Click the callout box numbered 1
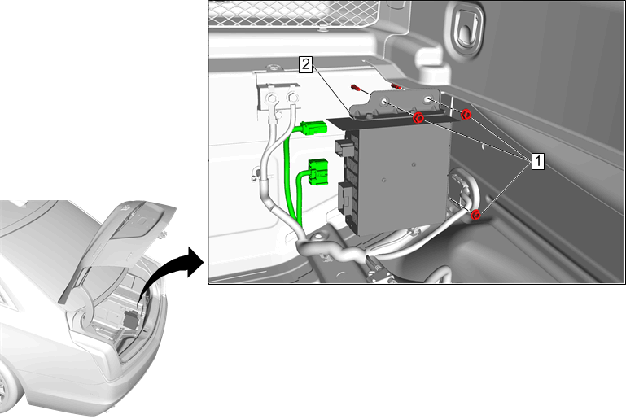coord(538,161)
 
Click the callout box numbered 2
coord(306,64)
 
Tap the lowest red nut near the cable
coord(475,215)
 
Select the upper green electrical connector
coord(314,129)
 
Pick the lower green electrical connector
coord(317,172)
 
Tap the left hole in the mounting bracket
coord(385,102)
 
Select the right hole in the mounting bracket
coord(429,99)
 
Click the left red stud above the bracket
coord(355,87)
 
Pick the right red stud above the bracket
coord(396,86)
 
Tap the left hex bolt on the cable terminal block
coord(271,98)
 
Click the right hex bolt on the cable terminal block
coord(292,97)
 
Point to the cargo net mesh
coord(293,13)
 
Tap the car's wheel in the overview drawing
coord(3,389)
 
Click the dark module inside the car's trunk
coord(130,320)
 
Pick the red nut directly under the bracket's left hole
coord(418,118)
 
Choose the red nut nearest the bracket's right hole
coord(466,115)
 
